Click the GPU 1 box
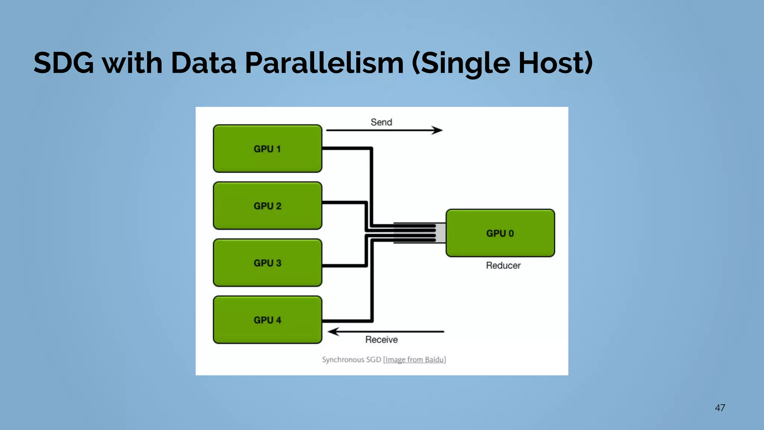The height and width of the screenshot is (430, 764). click(x=267, y=149)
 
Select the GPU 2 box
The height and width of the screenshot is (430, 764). click(x=267, y=206)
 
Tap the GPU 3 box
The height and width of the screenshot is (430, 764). click(x=267, y=263)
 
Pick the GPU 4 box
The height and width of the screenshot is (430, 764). click(x=267, y=320)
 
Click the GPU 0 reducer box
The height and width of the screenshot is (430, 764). click(x=500, y=233)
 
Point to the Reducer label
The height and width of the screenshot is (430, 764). click(x=503, y=265)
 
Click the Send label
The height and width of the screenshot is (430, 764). click(x=381, y=122)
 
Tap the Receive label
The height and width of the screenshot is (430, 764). click(x=381, y=340)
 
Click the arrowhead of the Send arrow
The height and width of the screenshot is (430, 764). click(x=437, y=130)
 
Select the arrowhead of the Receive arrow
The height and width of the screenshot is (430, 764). click(x=333, y=331)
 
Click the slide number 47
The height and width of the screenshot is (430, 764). click(x=720, y=408)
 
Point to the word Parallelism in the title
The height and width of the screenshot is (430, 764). click(x=324, y=63)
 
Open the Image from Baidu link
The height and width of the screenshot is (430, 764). click(x=414, y=359)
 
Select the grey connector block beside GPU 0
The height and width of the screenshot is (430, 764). click(x=441, y=233)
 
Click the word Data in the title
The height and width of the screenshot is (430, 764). click(x=204, y=63)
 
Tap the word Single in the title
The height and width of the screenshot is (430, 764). click(x=461, y=63)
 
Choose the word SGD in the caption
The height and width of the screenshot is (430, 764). click(x=373, y=359)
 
